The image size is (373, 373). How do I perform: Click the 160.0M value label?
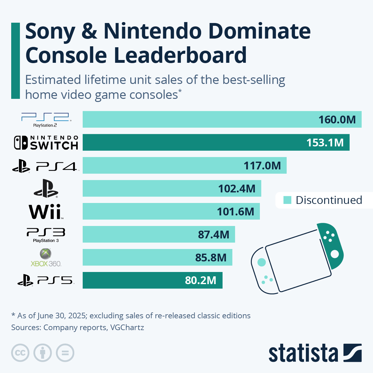tap(337, 120)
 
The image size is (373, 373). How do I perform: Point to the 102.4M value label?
tap(237, 189)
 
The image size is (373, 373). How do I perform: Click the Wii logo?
tap(46, 212)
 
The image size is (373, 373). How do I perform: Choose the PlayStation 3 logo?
tap(46, 235)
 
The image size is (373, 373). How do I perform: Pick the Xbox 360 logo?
tap(46, 258)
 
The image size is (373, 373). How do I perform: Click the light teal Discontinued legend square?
tap(288, 200)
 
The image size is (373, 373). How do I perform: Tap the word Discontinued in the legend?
tap(329, 200)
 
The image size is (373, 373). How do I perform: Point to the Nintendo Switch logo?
tap(46, 143)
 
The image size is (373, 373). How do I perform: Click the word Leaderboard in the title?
tap(180, 55)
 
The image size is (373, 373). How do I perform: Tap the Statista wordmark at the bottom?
tap(303, 353)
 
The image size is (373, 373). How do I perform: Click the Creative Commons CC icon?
tap(20, 353)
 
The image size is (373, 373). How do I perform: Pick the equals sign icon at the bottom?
tap(65, 353)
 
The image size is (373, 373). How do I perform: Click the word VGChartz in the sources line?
tap(127, 327)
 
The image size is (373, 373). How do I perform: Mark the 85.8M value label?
tap(211, 258)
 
